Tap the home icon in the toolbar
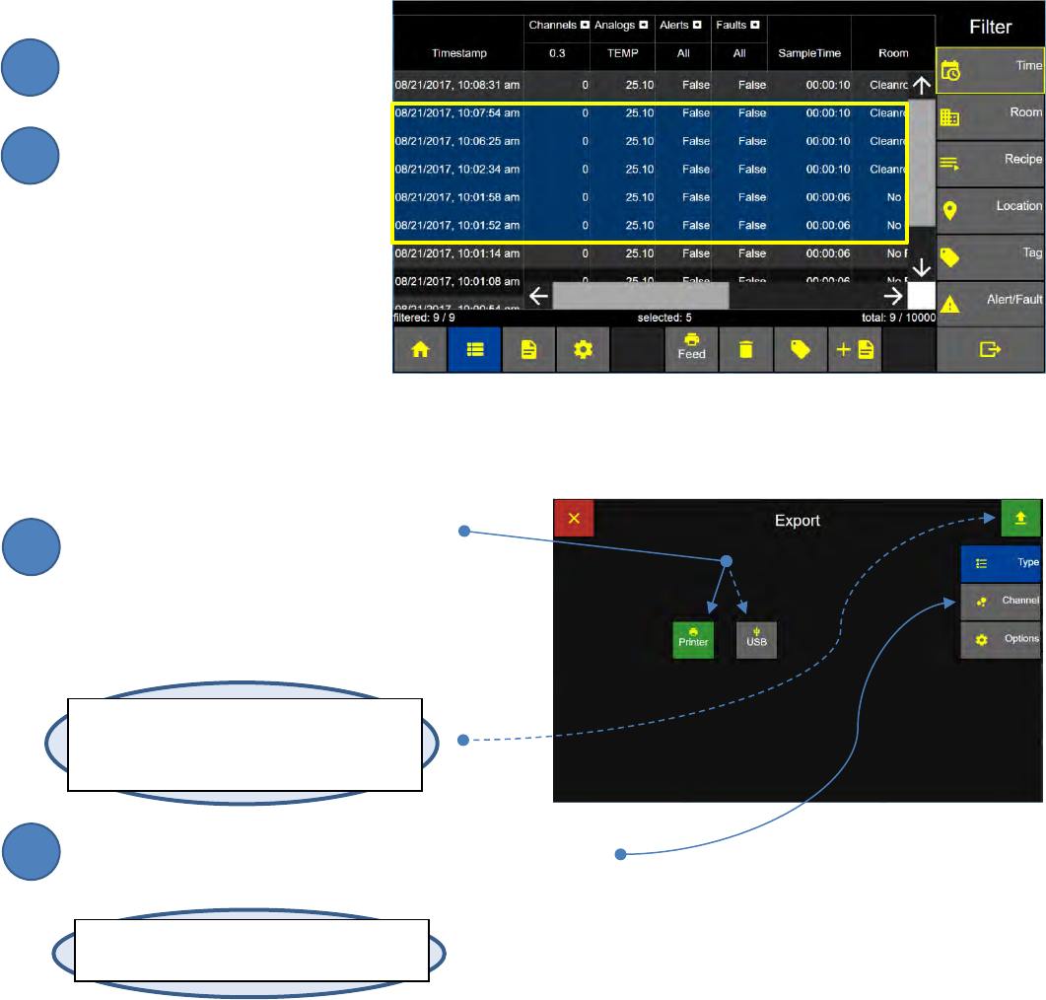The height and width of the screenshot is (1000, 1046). pyautogui.click(x=420, y=351)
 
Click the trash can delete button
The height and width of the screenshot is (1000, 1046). pyautogui.click(x=746, y=351)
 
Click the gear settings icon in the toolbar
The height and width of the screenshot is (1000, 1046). pyautogui.click(x=583, y=351)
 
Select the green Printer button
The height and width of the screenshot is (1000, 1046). pyautogui.click(x=693, y=638)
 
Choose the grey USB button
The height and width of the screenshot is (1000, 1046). pyautogui.click(x=757, y=638)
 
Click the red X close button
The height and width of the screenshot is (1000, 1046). pyautogui.click(x=574, y=518)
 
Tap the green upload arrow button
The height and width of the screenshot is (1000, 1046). pyautogui.click(x=1020, y=518)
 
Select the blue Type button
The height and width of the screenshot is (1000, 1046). pyautogui.click(x=1001, y=563)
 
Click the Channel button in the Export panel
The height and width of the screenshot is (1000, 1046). pyautogui.click(x=1001, y=601)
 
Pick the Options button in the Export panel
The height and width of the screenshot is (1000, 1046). pyautogui.click(x=1001, y=639)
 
